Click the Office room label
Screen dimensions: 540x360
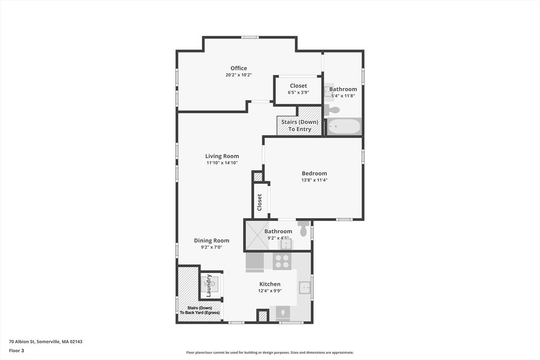tap(239, 68)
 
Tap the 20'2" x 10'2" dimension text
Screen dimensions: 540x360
tap(239, 75)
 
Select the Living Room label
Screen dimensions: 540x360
tap(222, 156)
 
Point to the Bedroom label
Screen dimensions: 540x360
tap(314, 173)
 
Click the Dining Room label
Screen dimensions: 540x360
tap(211, 240)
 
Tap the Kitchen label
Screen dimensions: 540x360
tap(270, 284)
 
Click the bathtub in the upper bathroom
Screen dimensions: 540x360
tap(344, 127)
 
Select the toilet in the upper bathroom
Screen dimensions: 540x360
tap(332, 110)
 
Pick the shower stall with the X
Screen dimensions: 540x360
tap(257, 235)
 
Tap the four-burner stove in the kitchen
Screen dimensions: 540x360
tap(282, 261)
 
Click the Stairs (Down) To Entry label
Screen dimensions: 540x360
tap(300, 125)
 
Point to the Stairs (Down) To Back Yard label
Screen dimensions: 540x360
tap(200, 310)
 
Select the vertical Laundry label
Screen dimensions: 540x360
tap(208, 286)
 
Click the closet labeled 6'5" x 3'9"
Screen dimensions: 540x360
tap(298, 90)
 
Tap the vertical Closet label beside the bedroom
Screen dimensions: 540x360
tap(259, 202)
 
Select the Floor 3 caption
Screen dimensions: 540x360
tap(16, 351)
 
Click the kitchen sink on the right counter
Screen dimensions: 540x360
tap(304, 287)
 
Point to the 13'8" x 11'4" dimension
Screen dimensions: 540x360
tap(314, 180)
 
